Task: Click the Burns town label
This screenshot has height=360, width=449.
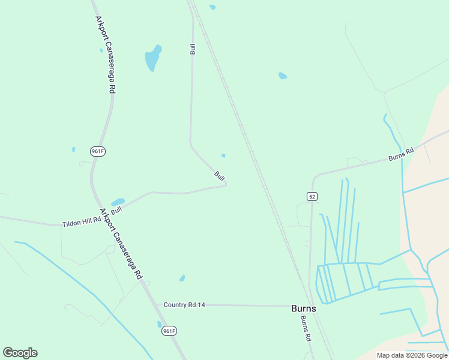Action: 303,308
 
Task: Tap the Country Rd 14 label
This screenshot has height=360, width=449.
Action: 184,305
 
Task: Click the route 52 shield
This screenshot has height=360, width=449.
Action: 312,196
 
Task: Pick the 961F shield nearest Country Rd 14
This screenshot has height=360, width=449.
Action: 169,331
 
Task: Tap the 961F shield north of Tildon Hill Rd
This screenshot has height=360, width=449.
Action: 98,151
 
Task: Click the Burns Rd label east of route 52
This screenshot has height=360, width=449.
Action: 401,154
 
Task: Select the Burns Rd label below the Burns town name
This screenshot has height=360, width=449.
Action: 306,328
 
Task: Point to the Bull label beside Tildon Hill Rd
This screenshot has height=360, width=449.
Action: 116,211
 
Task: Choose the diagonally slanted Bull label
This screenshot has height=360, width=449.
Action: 220,176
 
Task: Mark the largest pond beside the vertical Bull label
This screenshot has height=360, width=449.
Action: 152,59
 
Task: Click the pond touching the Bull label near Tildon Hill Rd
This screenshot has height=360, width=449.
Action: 118,202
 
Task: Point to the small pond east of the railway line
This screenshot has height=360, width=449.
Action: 282,76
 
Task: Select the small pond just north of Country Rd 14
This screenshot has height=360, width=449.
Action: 182,278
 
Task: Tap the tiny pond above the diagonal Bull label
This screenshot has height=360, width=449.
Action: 223,155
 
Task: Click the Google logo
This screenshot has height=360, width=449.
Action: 20,353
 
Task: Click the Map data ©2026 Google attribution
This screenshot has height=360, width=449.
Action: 412,355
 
